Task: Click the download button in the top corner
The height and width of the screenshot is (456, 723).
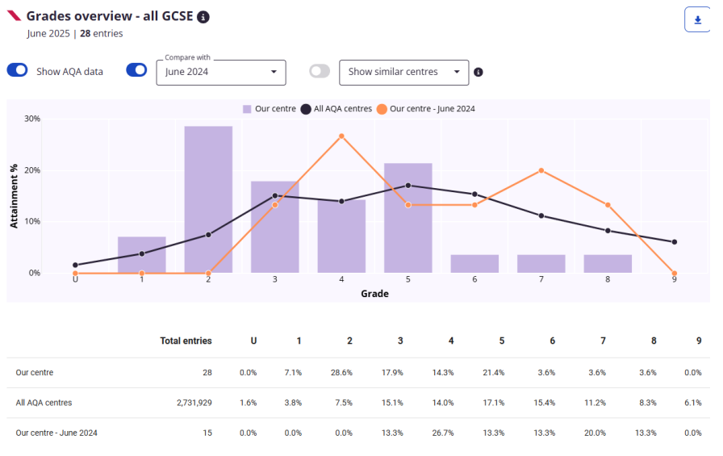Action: (x=696, y=19)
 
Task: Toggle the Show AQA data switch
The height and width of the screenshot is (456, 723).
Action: (x=17, y=70)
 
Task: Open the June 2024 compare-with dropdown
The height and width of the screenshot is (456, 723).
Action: (x=220, y=72)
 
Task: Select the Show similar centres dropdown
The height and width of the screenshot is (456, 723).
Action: (x=403, y=72)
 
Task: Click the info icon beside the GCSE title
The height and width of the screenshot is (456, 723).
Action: (x=203, y=17)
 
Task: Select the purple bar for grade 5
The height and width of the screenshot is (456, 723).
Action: (x=407, y=218)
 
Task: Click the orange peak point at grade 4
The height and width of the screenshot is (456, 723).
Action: (x=341, y=136)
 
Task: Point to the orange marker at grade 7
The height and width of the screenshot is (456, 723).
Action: (x=541, y=170)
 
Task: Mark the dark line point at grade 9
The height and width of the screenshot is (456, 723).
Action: (x=674, y=242)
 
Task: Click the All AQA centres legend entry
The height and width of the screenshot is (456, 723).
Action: (x=336, y=109)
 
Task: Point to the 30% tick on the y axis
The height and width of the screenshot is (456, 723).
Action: (x=32, y=119)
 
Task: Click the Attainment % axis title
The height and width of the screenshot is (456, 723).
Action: (x=14, y=195)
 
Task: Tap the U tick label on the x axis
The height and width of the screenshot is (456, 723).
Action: (x=75, y=279)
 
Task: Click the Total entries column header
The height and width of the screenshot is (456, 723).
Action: (x=186, y=341)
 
